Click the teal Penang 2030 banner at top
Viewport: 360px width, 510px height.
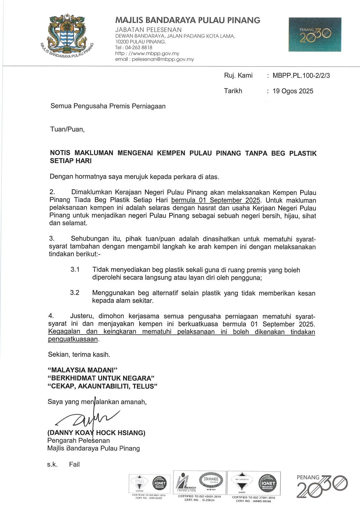(315, 34)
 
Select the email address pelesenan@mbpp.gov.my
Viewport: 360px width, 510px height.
(163, 59)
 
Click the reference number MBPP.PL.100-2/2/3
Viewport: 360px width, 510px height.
(301, 76)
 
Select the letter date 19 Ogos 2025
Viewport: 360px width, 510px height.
(293, 91)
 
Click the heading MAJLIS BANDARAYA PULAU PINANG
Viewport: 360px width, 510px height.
(188, 20)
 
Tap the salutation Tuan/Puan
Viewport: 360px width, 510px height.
(67, 129)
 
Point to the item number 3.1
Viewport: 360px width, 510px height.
(75, 270)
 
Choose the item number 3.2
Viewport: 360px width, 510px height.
(75, 293)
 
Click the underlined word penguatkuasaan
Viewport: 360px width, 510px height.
(73, 339)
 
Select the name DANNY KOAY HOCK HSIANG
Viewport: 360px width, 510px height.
(96, 433)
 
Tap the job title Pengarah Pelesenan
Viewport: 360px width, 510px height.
(79, 440)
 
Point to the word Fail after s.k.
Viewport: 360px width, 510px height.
(74, 465)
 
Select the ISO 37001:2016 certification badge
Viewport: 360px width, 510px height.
(254, 485)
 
